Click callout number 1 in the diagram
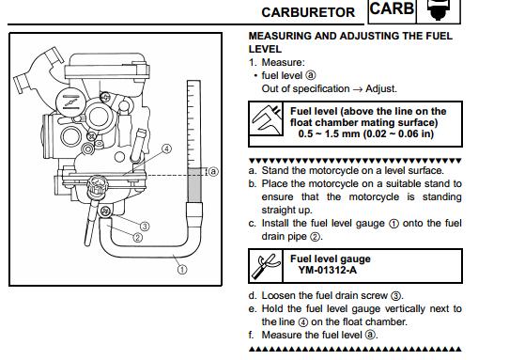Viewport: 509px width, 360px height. click(182, 270)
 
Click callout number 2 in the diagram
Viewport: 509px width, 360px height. click(138, 238)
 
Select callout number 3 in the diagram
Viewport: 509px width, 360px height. click(145, 227)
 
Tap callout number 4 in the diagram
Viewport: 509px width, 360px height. click(166, 149)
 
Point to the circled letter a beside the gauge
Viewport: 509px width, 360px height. click(212, 171)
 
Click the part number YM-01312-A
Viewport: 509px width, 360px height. click(327, 270)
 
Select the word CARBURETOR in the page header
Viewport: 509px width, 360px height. click(308, 12)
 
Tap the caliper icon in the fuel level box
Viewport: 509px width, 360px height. click(266, 119)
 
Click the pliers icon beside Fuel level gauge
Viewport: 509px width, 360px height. click(266, 266)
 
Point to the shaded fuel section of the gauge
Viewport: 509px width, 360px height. click(194, 185)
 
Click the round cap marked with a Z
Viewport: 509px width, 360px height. click(70, 102)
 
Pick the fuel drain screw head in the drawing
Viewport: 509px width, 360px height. click(105, 211)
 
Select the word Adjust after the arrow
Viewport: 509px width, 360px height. click(380, 89)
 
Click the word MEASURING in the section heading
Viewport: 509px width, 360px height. click(280, 36)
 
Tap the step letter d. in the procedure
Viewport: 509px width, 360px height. click(253, 296)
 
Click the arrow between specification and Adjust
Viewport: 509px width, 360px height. click(358, 89)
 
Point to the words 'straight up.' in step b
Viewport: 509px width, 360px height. click(286, 211)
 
